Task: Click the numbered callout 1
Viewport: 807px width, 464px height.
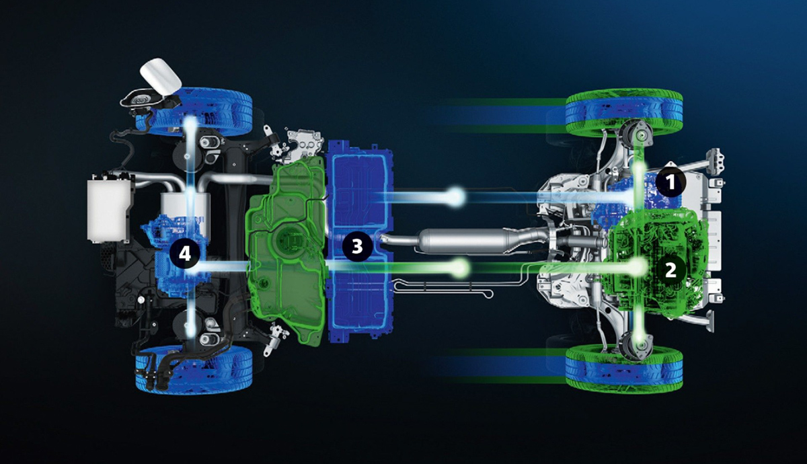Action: [x=670, y=183]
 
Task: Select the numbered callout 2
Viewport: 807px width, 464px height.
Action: [x=670, y=270]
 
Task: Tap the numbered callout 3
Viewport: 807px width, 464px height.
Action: [x=357, y=247]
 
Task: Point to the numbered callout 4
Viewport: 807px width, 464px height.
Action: [x=185, y=254]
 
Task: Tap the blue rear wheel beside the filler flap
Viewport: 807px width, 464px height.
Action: [x=194, y=109]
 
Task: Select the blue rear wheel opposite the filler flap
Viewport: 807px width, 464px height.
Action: [x=194, y=369]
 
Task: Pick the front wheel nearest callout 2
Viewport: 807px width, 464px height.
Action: [x=624, y=369]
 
